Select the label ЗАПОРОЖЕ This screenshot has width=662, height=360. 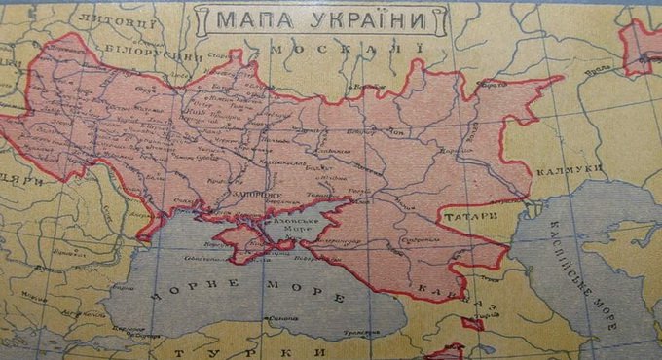click(230, 195)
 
